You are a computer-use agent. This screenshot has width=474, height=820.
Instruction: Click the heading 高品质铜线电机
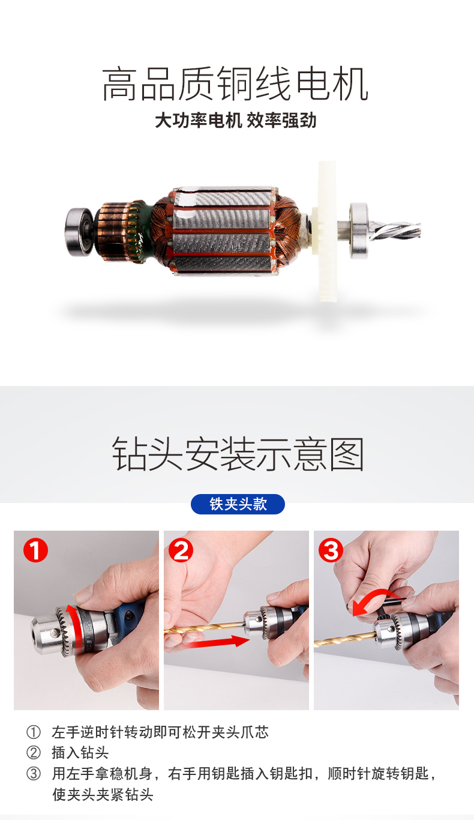pyautogui.click(x=235, y=84)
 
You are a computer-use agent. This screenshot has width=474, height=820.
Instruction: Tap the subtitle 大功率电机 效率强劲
pyautogui.click(x=236, y=121)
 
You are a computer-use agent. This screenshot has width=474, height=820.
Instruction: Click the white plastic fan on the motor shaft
pyautogui.click(x=326, y=231)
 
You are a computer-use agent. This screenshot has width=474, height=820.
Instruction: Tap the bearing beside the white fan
pyautogui.click(x=359, y=231)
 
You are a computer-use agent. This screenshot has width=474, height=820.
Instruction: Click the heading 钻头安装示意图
pyautogui.click(x=238, y=454)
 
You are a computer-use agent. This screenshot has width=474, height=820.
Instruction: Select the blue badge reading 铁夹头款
pyautogui.click(x=238, y=504)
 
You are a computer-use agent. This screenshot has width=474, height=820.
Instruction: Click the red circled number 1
pyautogui.click(x=35, y=550)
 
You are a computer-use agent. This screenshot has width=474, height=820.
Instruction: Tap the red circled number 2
pyautogui.click(x=181, y=550)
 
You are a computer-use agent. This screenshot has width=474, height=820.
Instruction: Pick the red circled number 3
pyautogui.click(x=331, y=550)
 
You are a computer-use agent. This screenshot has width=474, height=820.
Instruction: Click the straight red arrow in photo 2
pyautogui.click(x=217, y=641)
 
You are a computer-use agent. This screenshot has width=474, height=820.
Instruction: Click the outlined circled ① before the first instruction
pyautogui.click(x=34, y=732)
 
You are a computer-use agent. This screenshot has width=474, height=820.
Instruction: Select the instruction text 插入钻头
pyautogui.click(x=80, y=753)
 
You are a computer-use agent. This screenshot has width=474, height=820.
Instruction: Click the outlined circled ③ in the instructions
pyautogui.click(x=34, y=774)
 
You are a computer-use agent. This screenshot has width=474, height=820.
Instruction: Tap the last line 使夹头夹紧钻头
pyautogui.click(x=103, y=795)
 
